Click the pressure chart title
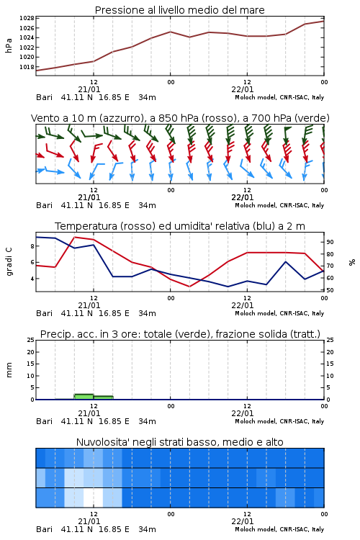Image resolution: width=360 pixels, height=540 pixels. coord(179,10)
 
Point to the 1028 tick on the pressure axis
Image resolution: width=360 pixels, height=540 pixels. coord(27,18)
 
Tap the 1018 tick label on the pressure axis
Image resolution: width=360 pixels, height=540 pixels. coord(27,67)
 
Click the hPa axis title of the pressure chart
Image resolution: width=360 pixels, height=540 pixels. coord(9,45)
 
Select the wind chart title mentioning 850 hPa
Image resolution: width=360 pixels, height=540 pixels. coord(180,118)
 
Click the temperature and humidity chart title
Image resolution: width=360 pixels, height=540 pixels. coord(180,226)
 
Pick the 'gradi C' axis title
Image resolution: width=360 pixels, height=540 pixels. coord(9,261)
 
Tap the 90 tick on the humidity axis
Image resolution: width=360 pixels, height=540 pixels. coord(330,242)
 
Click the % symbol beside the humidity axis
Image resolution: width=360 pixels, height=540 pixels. coord(352,262)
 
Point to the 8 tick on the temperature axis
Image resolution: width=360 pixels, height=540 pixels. coord(32,246)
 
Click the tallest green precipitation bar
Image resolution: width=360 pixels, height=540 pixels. coord(84,397)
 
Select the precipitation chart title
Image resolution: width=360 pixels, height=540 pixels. coord(180,334)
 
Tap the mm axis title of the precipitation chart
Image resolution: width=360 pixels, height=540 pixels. coord(9,370)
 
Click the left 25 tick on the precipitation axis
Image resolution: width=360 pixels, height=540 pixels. coord(31,340)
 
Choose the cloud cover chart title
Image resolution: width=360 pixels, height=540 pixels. coord(179,442)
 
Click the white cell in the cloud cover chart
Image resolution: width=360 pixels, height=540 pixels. coord(94,498)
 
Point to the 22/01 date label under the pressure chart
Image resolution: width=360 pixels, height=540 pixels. coord(242,89)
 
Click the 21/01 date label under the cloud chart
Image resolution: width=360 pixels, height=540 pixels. coord(89,521)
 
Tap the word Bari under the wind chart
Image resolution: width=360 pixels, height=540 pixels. coord(45,206)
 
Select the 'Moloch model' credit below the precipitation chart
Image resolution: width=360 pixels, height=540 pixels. coord(256,421)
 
